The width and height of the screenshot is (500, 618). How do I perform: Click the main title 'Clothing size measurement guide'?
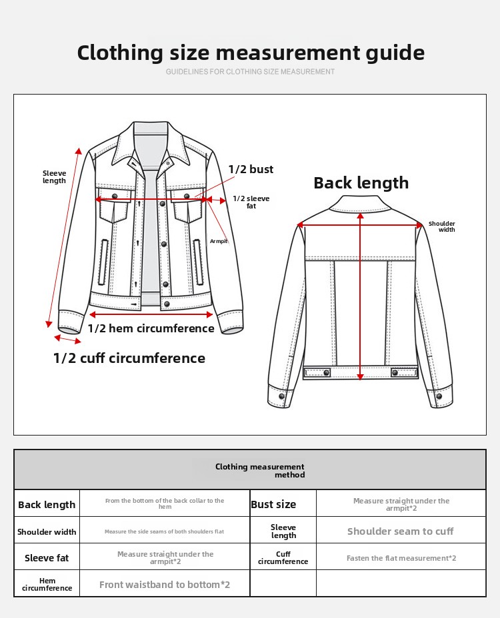[251, 53]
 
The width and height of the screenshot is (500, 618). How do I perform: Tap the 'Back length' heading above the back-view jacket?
[361, 183]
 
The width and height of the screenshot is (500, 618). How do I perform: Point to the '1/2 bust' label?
[251, 170]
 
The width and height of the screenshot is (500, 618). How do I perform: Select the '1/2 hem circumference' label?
[151, 328]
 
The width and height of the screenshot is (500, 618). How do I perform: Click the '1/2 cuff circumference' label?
[129, 358]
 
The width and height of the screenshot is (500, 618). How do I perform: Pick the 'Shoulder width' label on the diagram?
[441, 227]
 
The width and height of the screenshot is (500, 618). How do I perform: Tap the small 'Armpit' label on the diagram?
[219, 241]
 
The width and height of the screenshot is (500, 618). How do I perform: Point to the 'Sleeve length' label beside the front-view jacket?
[55, 177]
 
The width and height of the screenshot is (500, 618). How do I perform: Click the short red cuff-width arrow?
[67, 340]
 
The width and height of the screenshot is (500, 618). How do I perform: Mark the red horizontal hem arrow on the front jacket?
[151, 314]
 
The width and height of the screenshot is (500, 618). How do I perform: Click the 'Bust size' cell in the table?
[273, 505]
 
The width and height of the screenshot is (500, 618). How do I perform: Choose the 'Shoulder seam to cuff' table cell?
[400, 531]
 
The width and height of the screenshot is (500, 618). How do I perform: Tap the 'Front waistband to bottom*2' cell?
[165, 585]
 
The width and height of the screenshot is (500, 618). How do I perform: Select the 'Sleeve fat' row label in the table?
[47, 558]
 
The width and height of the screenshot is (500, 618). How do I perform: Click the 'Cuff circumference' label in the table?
[283, 558]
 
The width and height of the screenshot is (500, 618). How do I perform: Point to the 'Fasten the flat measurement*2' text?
[401, 558]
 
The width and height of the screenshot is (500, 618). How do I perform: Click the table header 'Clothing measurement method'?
[260, 471]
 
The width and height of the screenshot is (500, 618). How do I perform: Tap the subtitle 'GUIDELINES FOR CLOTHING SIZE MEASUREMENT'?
[251, 72]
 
